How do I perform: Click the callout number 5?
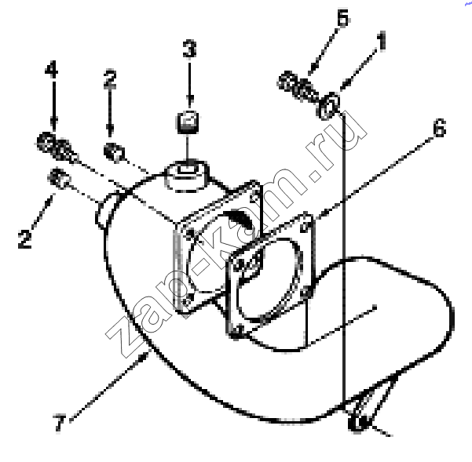tap(343, 18)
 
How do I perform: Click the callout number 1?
tap(382, 41)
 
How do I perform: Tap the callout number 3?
tap(189, 49)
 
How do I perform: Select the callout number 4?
tap(52, 69)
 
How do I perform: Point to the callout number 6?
tap(440, 128)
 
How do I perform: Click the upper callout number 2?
tap(110, 79)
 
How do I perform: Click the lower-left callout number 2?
tap(24, 239)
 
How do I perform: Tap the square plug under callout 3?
tap(187, 122)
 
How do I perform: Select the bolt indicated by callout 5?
tap(297, 86)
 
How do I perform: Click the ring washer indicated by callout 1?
tap(329, 106)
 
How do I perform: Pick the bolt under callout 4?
tap(57, 147)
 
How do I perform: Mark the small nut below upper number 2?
tap(114, 152)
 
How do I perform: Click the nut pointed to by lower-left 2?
tap(59, 179)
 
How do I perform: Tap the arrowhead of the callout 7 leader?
tap(145, 357)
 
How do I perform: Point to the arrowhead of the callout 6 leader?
tap(320, 215)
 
